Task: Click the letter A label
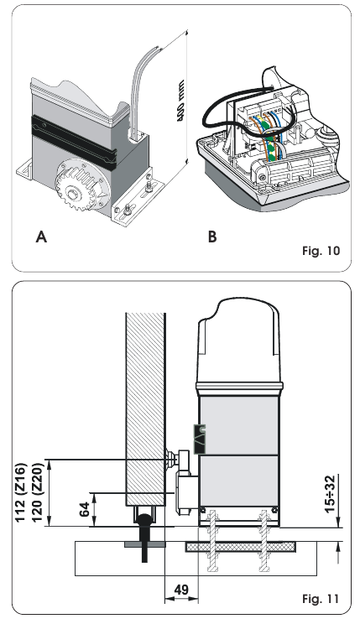point(40,237)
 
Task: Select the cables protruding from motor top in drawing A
point(135,92)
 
